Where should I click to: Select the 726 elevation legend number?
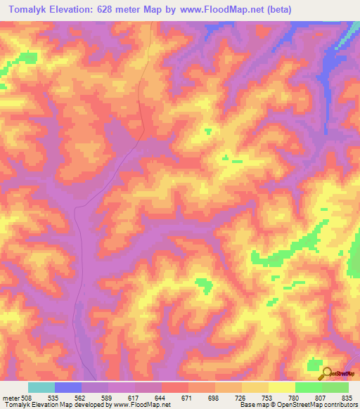[x=241, y=397]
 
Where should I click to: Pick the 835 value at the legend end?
[x=347, y=397]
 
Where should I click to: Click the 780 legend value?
[x=295, y=397]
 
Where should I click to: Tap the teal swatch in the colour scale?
[x=41, y=387]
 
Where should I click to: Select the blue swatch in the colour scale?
[x=68, y=387]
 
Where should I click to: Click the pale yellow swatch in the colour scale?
[x=282, y=387]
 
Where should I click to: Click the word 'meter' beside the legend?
[x=9, y=397]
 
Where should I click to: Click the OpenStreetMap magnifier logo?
[x=326, y=372]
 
